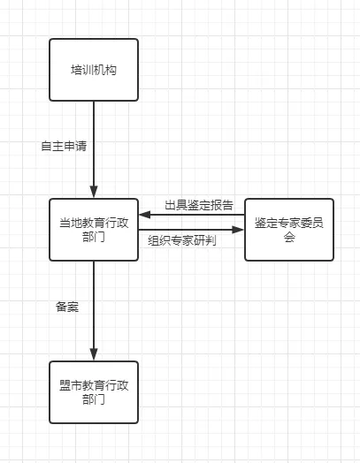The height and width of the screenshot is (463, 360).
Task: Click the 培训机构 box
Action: click(x=94, y=69)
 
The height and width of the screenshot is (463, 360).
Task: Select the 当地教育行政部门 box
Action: click(x=94, y=230)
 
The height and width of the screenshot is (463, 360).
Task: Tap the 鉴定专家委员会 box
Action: click(x=289, y=230)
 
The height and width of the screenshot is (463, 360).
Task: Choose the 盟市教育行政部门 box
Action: click(x=94, y=392)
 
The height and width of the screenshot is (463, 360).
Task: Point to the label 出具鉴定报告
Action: click(x=199, y=205)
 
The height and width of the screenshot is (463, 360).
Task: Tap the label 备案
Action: click(x=67, y=307)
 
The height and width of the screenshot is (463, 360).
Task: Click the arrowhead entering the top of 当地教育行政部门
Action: click(x=94, y=193)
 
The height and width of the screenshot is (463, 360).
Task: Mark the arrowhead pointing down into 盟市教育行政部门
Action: click(x=94, y=355)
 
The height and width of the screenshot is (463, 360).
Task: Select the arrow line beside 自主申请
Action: click(x=94, y=141)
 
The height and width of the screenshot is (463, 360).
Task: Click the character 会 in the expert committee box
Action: click(x=289, y=238)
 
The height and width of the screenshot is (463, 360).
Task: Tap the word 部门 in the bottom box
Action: click(x=94, y=400)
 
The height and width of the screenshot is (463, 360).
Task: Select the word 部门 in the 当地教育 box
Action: click(x=94, y=238)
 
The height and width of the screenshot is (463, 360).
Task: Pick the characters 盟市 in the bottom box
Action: click(x=70, y=385)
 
